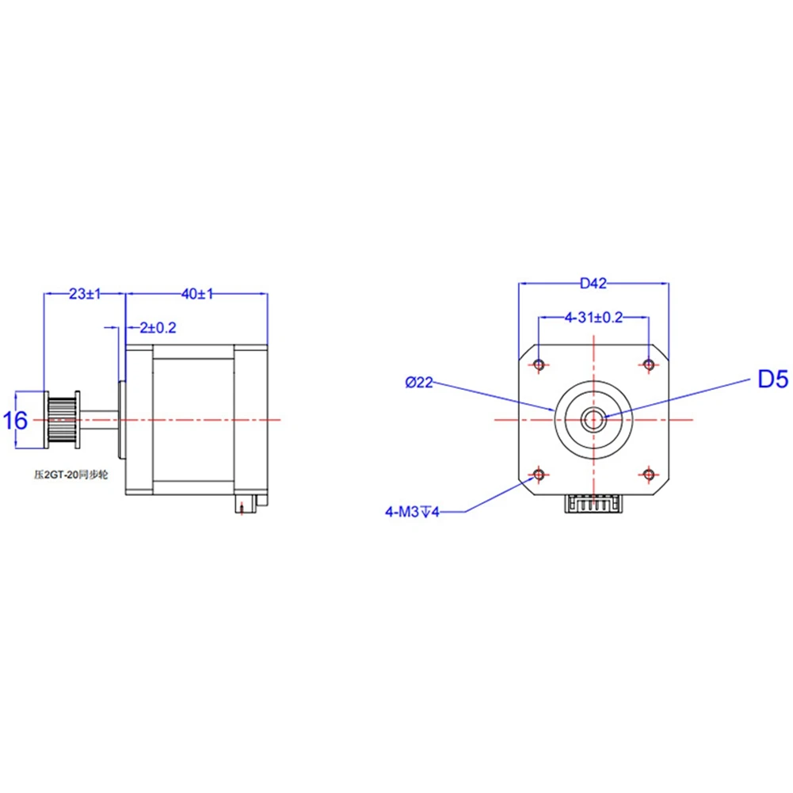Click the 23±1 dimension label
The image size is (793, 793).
click(x=85, y=294)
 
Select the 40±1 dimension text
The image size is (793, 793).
click(x=197, y=294)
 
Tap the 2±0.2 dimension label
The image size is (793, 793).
click(x=158, y=328)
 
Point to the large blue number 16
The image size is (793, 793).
click(x=15, y=421)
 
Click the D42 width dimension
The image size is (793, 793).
click(x=593, y=284)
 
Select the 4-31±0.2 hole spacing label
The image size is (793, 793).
click(x=593, y=318)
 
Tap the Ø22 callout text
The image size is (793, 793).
click(x=419, y=383)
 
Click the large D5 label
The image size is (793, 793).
click(x=772, y=379)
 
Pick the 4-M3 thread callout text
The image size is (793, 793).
click(x=412, y=513)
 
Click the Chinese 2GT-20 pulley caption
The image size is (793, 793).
click(x=71, y=475)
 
